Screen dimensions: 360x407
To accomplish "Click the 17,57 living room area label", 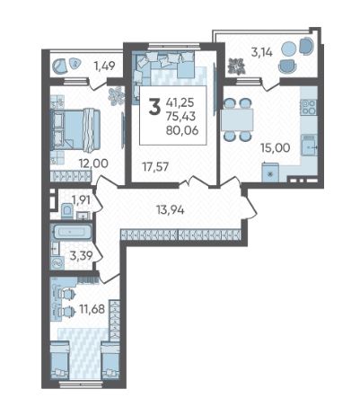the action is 155,167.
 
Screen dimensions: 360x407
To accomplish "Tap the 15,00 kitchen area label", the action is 275,147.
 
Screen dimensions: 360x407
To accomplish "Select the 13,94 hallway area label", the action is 171,210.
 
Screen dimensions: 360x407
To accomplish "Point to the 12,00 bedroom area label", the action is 93,164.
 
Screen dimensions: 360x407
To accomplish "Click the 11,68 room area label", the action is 92,309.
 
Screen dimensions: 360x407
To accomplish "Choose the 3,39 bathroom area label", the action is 81,256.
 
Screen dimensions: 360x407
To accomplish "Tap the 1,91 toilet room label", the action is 81,200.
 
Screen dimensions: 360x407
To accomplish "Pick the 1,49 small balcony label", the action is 104,66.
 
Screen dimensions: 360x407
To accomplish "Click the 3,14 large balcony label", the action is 262,52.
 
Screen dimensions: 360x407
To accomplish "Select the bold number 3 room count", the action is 154,107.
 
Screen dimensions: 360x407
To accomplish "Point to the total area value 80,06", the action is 182,130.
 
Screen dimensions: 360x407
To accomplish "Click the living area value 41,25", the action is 180,102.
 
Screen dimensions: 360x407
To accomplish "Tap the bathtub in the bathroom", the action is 72,232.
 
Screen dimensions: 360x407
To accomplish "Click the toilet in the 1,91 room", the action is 66,210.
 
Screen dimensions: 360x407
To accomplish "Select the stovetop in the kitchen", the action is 309,107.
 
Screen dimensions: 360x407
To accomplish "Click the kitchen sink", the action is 309,146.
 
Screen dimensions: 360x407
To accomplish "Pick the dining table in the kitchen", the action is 237,119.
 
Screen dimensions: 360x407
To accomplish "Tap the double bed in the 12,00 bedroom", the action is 76,129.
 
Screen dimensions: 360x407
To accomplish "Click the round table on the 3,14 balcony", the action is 289,49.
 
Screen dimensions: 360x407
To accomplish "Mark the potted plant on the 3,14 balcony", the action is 236,66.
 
